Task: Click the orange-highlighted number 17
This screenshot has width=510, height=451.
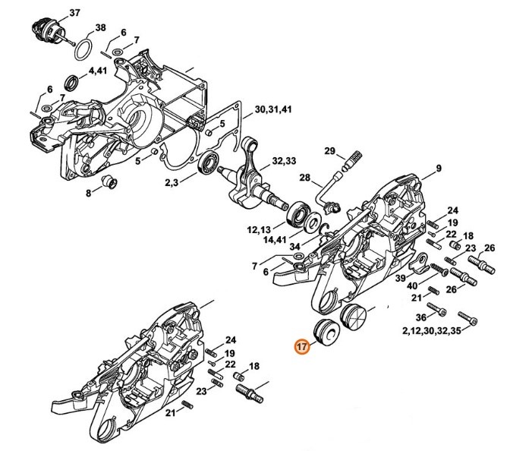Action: pos(303,347)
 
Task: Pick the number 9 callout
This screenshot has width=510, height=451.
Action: pos(438,168)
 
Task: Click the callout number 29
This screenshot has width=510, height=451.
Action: pos(330,151)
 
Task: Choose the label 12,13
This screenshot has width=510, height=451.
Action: pos(260,229)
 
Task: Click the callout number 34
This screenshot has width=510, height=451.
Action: pos(294,247)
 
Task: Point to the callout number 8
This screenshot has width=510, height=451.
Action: pos(89,193)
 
